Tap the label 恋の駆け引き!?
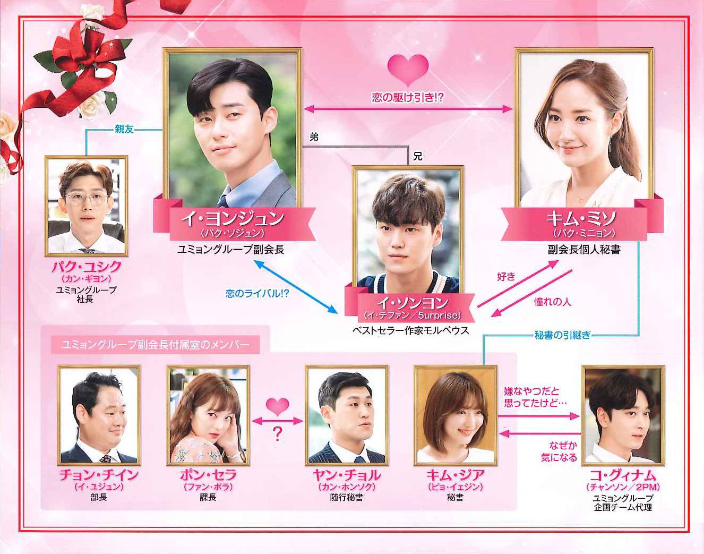[408, 98]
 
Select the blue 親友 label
[124, 129]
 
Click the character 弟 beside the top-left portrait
[314, 137]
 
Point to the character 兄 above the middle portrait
[417, 156]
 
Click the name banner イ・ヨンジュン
[233, 219]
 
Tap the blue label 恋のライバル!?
[257, 293]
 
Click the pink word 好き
[506, 277]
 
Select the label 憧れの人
[553, 302]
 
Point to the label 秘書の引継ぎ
[563, 335]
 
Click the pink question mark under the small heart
[277, 434]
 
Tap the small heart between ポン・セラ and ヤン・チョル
[278, 407]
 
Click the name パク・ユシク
[87, 267]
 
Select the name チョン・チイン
[99, 475]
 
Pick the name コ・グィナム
[623, 475]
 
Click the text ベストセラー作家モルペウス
[410, 330]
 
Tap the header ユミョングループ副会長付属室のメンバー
[156, 345]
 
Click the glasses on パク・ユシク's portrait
[86, 198]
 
